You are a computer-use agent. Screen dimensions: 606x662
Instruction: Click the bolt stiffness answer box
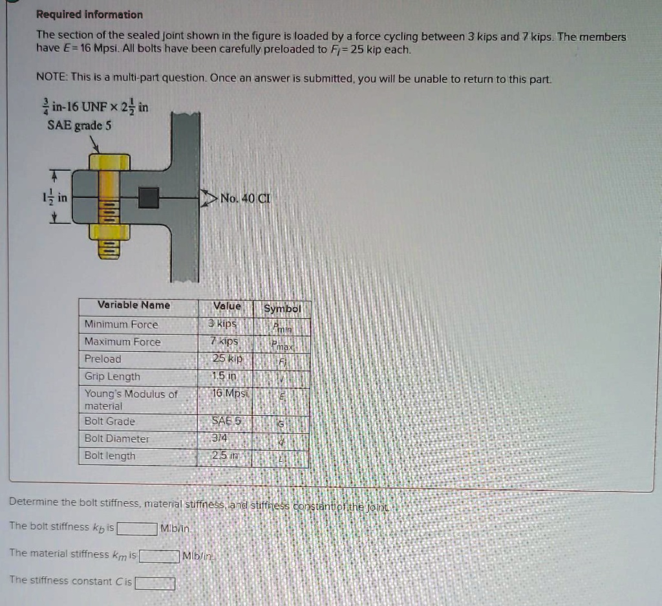(x=138, y=528)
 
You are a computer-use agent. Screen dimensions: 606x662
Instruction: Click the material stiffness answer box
(x=159, y=556)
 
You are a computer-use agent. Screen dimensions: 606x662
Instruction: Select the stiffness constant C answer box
(x=155, y=583)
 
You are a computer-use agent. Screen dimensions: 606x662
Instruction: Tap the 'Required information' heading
(x=89, y=14)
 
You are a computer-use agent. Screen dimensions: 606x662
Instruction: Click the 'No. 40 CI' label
(x=245, y=199)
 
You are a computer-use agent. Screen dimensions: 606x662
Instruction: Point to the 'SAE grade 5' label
(x=80, y=125)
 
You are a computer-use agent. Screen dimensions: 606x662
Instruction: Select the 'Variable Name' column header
(x=134, y=305)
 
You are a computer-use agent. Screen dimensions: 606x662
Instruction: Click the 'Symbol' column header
(x=283, y=308)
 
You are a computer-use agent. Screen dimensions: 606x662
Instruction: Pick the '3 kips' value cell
(x=223, y=323)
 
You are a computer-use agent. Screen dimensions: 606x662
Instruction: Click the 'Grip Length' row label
(x=112, y=376)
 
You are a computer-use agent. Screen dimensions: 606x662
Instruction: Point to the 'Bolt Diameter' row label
(x=117, y=438)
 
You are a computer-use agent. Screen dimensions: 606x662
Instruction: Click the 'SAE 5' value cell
(x=226, y=421)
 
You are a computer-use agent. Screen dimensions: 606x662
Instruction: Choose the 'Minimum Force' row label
(x=121, y=324)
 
